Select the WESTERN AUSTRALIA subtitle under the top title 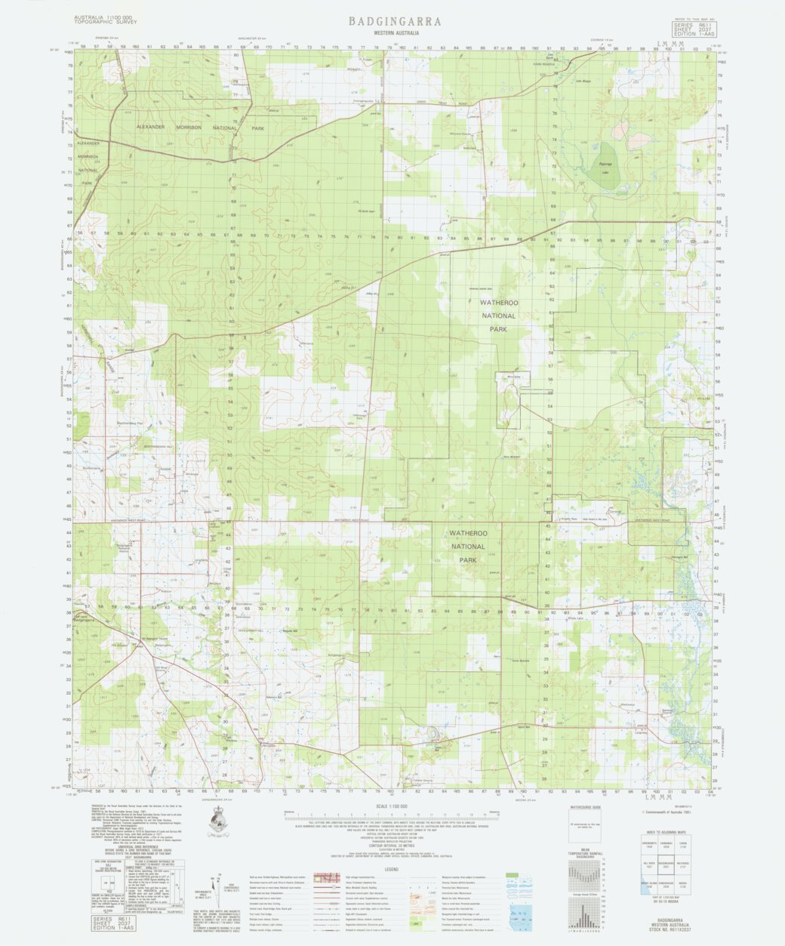(396, 34)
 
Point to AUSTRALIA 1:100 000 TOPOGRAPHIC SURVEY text (103, 20)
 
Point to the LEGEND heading (392, 870)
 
